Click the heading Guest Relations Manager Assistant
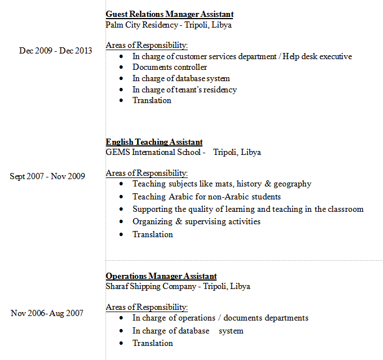click(169, 14)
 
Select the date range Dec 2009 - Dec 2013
click(55, 51)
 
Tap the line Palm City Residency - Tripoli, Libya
click(168, 25)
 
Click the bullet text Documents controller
click(170, 67)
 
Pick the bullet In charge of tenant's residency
click(184, 90)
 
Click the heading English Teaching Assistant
click(154, 142)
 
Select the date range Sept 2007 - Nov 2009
click(47, 176)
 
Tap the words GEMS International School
click(153, 152)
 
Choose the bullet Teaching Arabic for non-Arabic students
click(206, 197)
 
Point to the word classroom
click(344, 209)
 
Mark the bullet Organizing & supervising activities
click(196, 221)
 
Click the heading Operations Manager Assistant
click(161, 276)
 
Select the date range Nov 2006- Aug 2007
click(47, 313)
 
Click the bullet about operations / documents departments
click(220, 318)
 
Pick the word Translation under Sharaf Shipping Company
click(152, 343)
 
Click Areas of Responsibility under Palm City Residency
click(147, 45)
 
